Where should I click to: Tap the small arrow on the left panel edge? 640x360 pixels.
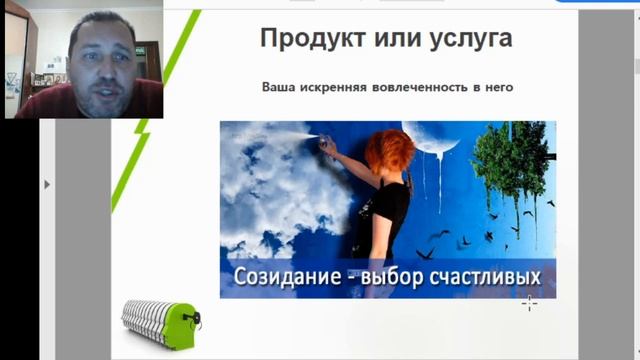click(47, 184)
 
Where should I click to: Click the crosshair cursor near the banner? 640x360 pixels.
click(529, 302)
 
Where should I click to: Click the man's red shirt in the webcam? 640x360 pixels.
click(70, 104)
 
